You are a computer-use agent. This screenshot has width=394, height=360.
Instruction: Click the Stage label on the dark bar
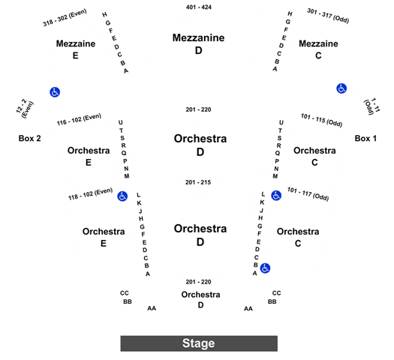[x=199, y=343]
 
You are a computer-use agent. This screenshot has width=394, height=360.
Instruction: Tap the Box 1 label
[x=365, y=138]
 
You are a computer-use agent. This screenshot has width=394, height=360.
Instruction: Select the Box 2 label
[x=30, y=138]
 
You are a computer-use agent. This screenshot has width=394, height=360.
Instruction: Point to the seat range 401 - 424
[x=199, y=7]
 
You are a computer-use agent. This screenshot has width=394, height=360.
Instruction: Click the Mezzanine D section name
[x=199, y=44]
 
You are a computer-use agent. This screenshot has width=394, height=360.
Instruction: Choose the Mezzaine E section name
[x=76, y=49]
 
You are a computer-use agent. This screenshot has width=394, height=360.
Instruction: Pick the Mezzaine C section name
[x=318, y=49]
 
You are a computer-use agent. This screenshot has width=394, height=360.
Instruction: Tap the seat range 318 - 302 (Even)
[x=65, y=17]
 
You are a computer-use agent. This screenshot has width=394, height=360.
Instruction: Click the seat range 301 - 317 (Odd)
[x=328, y=16]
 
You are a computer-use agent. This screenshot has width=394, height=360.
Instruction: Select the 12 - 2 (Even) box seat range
[x=25, y=109]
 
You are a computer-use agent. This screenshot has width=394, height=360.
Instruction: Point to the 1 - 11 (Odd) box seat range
[x=372, y=106]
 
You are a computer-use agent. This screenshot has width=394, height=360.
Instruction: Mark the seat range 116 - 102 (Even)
[x=79, y=119]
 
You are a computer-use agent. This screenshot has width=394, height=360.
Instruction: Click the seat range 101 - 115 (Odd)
[x=322, y=120]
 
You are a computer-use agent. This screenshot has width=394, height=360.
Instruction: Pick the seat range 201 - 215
[x=198, y=182]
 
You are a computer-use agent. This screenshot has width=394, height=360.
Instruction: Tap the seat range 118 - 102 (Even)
[x=91, y=193]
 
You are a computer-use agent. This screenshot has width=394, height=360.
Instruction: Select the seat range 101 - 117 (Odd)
[x=308, y=194]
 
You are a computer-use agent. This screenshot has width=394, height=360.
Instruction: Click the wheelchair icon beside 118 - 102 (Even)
[x=122, y=196]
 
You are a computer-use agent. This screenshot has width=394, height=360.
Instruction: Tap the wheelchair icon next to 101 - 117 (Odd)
[x=276, y=196]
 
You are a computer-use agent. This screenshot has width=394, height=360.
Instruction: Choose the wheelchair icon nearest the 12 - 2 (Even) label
[x=55, y=92]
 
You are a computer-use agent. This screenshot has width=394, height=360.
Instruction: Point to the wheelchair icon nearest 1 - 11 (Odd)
[x=341, y=88]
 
